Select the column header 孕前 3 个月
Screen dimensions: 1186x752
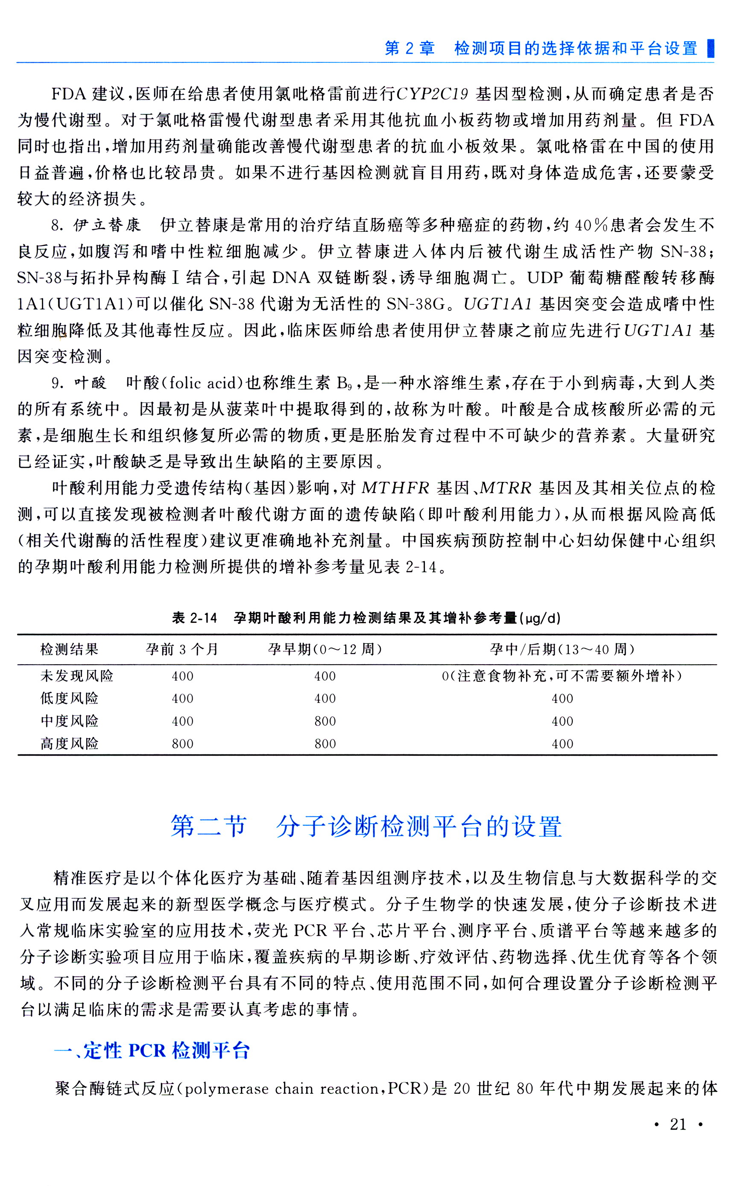[x=182, y=649]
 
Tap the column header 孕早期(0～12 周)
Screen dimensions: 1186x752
[x=325, y=649]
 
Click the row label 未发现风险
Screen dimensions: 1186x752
[x=77, y=676]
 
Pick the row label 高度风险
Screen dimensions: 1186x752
[x=70, y=743]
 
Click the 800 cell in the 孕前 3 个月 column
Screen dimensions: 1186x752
[x=182, y=744]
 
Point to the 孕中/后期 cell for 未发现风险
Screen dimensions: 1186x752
[x=562, y=676]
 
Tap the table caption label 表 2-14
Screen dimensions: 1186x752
[x=194, y=618]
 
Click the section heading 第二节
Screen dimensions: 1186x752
[x=208, y=826]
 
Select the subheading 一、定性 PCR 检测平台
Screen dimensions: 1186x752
[x=152, y=1051]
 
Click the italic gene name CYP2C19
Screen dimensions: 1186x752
[x=432, y=93]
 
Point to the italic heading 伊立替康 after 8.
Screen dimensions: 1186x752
[x=108, y=225]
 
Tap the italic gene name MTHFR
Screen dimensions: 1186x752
[x=396, y=488]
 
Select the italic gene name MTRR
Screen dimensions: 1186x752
[x=506, y=488]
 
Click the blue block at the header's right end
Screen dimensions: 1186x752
[x=710, y=48]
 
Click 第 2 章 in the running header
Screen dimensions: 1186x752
[x=410, y=48]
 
